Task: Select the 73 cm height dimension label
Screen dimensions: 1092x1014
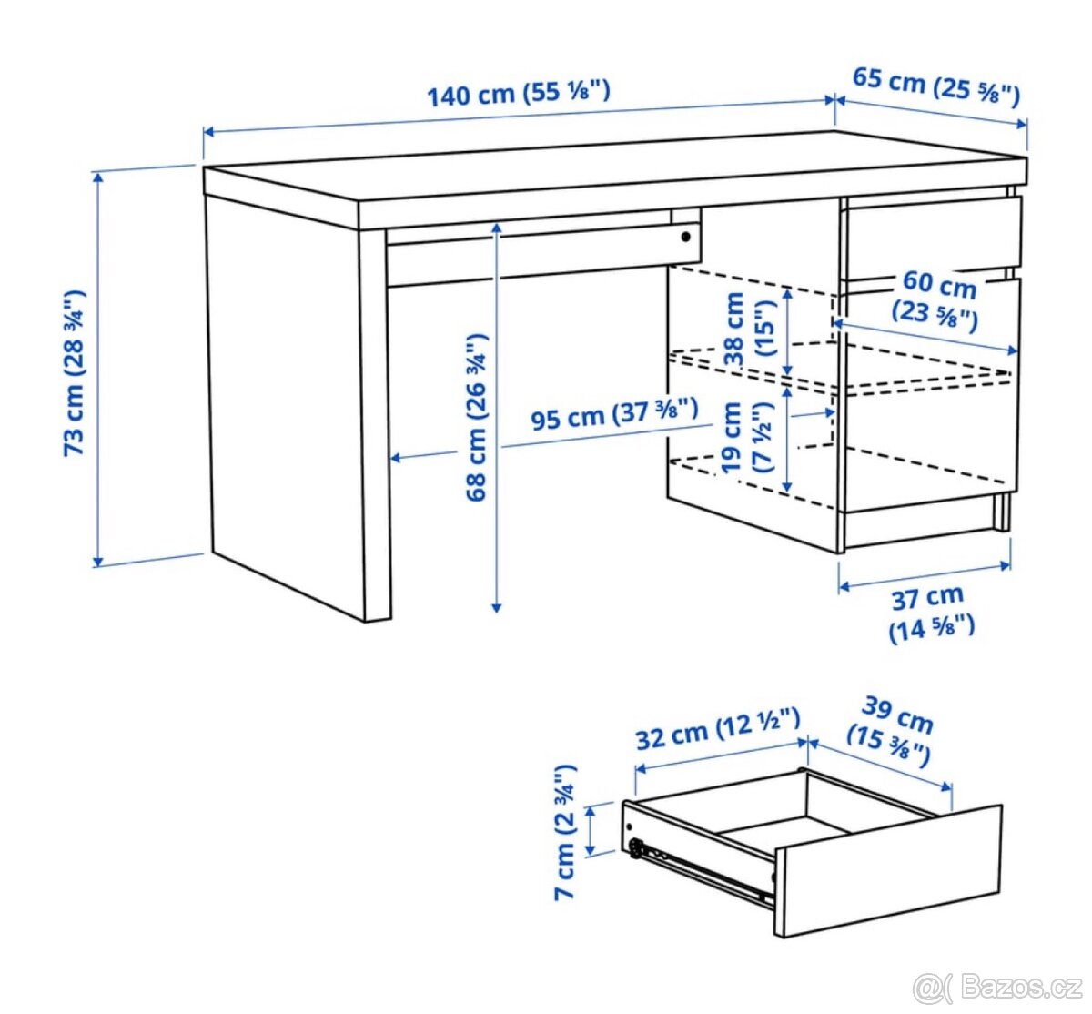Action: click(75, 373)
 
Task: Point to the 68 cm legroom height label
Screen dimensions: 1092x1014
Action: click(476, 417)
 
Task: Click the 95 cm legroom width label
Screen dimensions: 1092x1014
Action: click(614, 414)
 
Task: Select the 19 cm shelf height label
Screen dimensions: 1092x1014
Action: click(747, 438)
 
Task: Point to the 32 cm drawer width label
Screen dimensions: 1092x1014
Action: click(718, 730)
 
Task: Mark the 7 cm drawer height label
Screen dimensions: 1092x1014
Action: click(565, 831)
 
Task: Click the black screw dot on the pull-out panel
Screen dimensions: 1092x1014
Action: click(685, 238)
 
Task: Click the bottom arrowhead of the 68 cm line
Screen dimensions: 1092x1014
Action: click(497, 607)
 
